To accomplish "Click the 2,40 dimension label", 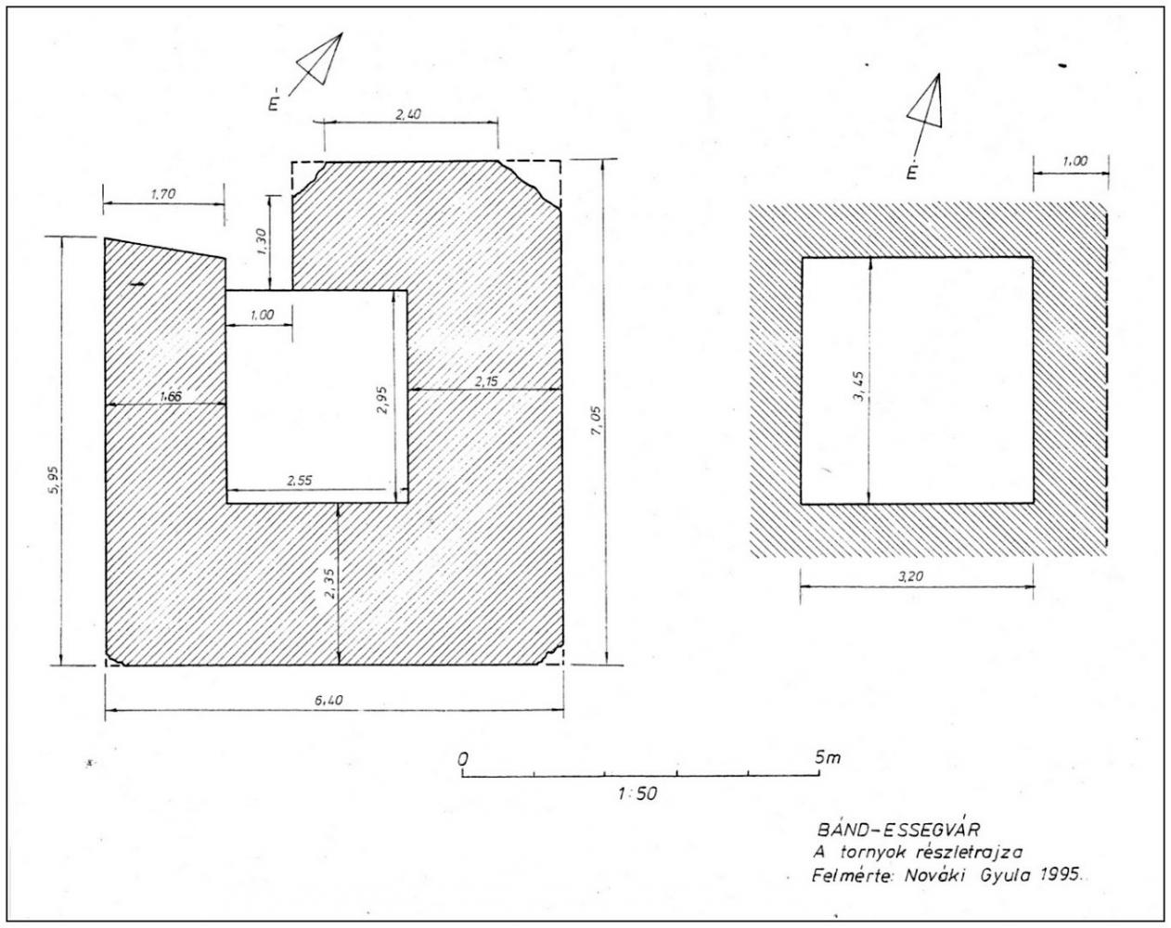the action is [x=408, y=114].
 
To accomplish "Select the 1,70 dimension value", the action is [x=162, y=194].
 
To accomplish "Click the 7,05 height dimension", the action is [x=597, y=422].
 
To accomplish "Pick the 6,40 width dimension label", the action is [x=328, y=701].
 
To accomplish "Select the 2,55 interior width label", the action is [x=300, y=481].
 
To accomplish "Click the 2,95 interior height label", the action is [x=382, y=400].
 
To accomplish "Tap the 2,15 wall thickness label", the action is [x=486, y=381].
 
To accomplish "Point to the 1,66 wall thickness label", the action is [x=171, y=397].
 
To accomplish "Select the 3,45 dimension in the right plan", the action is [x=859, y=385].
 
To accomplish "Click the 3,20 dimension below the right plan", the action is [x=911, y=577].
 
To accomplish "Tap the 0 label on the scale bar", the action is [x=463, y=759].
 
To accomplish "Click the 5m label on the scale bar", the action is [x=828, y=757].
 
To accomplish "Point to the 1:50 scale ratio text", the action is [x=637, y=794].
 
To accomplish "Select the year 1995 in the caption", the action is [x=1059, y=875].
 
